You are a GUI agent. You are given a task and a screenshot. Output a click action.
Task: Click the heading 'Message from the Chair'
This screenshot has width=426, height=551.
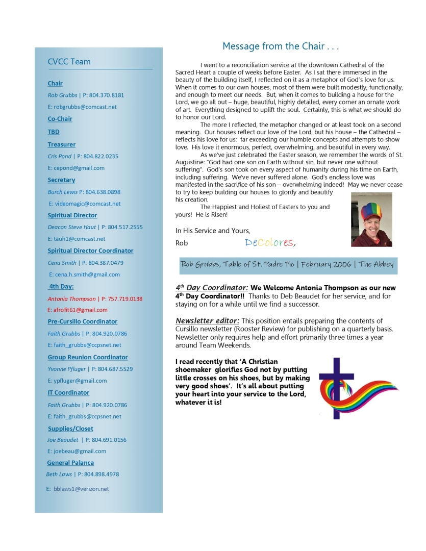281,46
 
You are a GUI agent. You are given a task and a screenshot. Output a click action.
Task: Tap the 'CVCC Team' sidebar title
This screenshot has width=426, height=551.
69,62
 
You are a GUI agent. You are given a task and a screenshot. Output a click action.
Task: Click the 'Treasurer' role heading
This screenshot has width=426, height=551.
61,144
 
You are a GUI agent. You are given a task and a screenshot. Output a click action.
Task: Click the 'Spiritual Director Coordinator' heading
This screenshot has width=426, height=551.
90,251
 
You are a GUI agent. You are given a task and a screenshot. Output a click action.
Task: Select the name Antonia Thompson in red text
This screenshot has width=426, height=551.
71,298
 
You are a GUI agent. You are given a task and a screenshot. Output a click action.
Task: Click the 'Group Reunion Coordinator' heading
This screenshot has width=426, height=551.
88,357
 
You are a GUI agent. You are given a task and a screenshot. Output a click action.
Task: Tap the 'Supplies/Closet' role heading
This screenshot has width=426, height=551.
70,429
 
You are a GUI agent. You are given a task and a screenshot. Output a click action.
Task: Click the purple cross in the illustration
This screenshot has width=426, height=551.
336,388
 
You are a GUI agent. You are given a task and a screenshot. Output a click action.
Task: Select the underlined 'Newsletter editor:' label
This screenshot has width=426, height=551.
207,320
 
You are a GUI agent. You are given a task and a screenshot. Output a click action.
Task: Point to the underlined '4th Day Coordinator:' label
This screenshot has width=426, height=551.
212,288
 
